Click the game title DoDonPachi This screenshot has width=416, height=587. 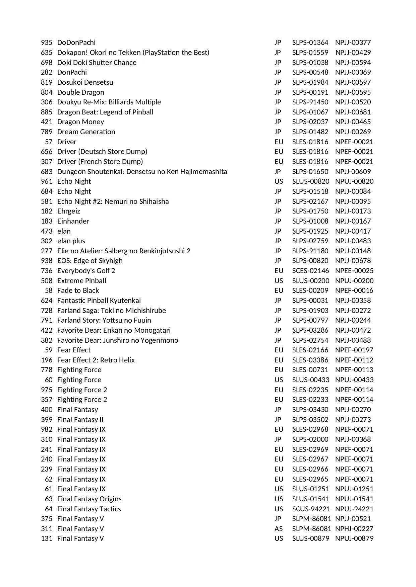tap(76, 43)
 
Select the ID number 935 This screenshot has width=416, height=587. tap(47, 43)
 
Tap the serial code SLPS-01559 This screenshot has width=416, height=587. tap(310, 53)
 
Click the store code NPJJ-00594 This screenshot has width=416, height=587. tap(353, 63)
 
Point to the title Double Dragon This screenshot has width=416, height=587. tap(80, 92)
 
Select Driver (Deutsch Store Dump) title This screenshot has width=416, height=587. tap(102, 152)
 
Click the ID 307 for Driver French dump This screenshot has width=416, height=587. tap(47, 162)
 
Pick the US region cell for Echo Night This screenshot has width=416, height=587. tap(279, 181)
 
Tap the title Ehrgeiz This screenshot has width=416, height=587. tap(69, 211)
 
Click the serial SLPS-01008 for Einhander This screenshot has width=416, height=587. tap(310, 221)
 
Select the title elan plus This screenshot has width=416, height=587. tap(71, 241)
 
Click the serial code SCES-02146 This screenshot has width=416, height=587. tap(310, 271)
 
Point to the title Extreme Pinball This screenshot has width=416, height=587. tap(82, 281)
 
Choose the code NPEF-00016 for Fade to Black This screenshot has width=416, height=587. tap(354, 290)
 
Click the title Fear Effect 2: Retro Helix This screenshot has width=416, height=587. tap(96, 360)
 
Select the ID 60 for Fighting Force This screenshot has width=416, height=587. tap(49, 380)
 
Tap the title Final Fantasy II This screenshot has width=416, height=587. tap(80, 420)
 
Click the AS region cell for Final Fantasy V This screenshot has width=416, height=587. tap(279, 529)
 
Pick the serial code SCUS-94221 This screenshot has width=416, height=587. tap(310, 509)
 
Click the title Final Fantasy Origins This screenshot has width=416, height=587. tap(89, 499)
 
